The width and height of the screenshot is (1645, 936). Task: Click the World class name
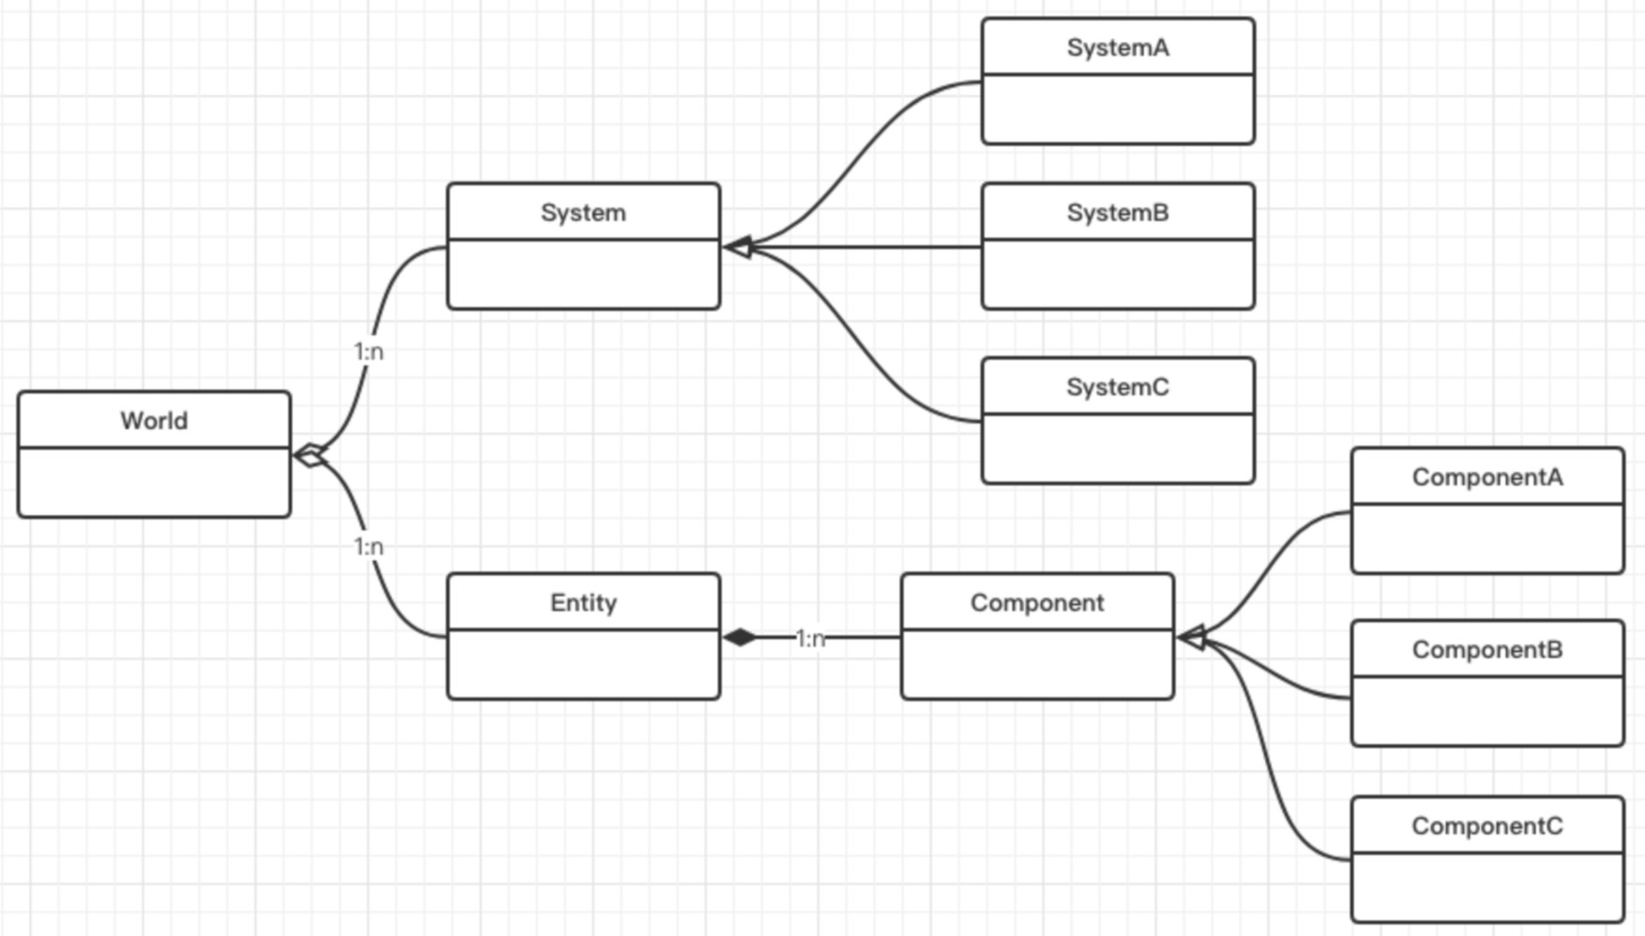pyautogui.click(x=154, y=420)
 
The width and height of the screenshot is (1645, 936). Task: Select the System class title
pyautogui.click(x=583, y=213)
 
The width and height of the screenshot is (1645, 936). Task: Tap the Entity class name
pyautogui.click(x=583, y=603)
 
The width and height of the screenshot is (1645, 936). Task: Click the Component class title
pyautogui.click(x=1037, y=603)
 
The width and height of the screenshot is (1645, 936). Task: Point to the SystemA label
pyautogui.click(x=1118, y=48)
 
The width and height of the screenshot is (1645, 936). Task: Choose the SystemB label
pyautogui.click(x=1118, y=213)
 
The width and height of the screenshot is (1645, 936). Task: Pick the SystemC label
pyautogui.click(x=1118, y=387)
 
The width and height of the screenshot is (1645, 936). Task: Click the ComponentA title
pyautogui.click(x=1487, y=477)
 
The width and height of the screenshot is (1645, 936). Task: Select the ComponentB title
pyautogui.click(x=1487, y=650)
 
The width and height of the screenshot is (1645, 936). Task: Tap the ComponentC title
pyautogui.click(x=1487, y=826)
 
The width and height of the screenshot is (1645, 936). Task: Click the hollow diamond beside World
pyautogui.click(x=310, y=456)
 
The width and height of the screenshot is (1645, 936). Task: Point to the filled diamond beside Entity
pyautogui.click(x=740, y=638)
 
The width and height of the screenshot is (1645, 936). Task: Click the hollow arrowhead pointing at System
pyautogui.click(x=738, y=248)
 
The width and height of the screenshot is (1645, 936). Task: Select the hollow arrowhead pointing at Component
pyautogui.click(x=1191, y=638)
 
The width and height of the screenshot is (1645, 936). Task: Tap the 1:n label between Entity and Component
pyautogui.click(x=810, y=639)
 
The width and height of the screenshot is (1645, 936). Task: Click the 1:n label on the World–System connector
pyautogui.click(x=369, y=352)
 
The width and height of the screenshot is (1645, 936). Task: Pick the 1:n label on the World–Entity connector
pyautogui.click(x=369, y=547)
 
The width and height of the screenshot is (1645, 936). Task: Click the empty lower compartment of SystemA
pyautogui.click(x=1118, y=109)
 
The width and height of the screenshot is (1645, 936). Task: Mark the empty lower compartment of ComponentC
pyautogui.click(x=1487, y=887)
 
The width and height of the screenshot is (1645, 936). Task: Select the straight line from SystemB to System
pyautogui.click(x=867, y=248)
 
